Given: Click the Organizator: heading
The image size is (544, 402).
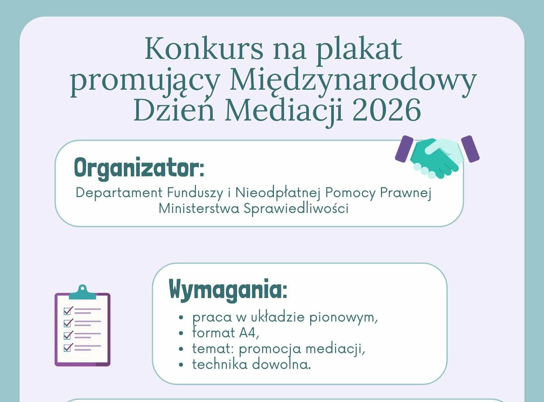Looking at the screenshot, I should coord(139,168).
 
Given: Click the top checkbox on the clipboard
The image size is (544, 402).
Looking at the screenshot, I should coord(68,310).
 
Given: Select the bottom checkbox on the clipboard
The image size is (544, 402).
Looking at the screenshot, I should coord(68,347).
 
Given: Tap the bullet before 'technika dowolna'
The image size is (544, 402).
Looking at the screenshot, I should coord(182,365).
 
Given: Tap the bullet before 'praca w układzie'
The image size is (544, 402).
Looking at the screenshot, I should coord(182,318).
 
